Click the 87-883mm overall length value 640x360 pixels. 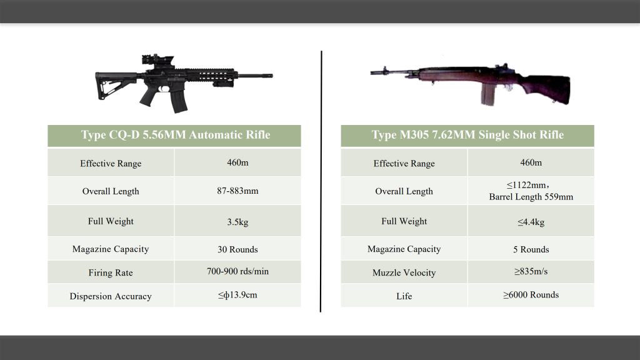tap(237, 191)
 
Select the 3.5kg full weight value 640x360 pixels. tap(237, 222)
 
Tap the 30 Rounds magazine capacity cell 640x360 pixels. tap(237, 249)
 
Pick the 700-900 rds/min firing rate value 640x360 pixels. tap(237, 271)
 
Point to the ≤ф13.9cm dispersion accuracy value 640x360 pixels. tap(237, 295)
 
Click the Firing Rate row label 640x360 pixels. tap(111, 272)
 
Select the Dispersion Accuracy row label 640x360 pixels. tap(111, 296)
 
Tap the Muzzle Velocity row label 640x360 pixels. tap(404, 272)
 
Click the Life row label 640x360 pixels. tap(404, 296)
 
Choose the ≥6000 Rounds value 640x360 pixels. tap(531, 295)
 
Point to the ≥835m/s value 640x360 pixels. tap(531, 271)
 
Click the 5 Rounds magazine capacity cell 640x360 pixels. tap(531, 249)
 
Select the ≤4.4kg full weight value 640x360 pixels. tap(531, 222)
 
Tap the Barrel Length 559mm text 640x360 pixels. tap(531, 197)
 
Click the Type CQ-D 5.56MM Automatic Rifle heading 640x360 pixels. tap(176, 135)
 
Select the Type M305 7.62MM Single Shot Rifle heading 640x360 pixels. tap(467, 135)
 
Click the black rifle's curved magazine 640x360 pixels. tap(179, 101)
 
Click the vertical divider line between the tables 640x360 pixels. tap(321, 182)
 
